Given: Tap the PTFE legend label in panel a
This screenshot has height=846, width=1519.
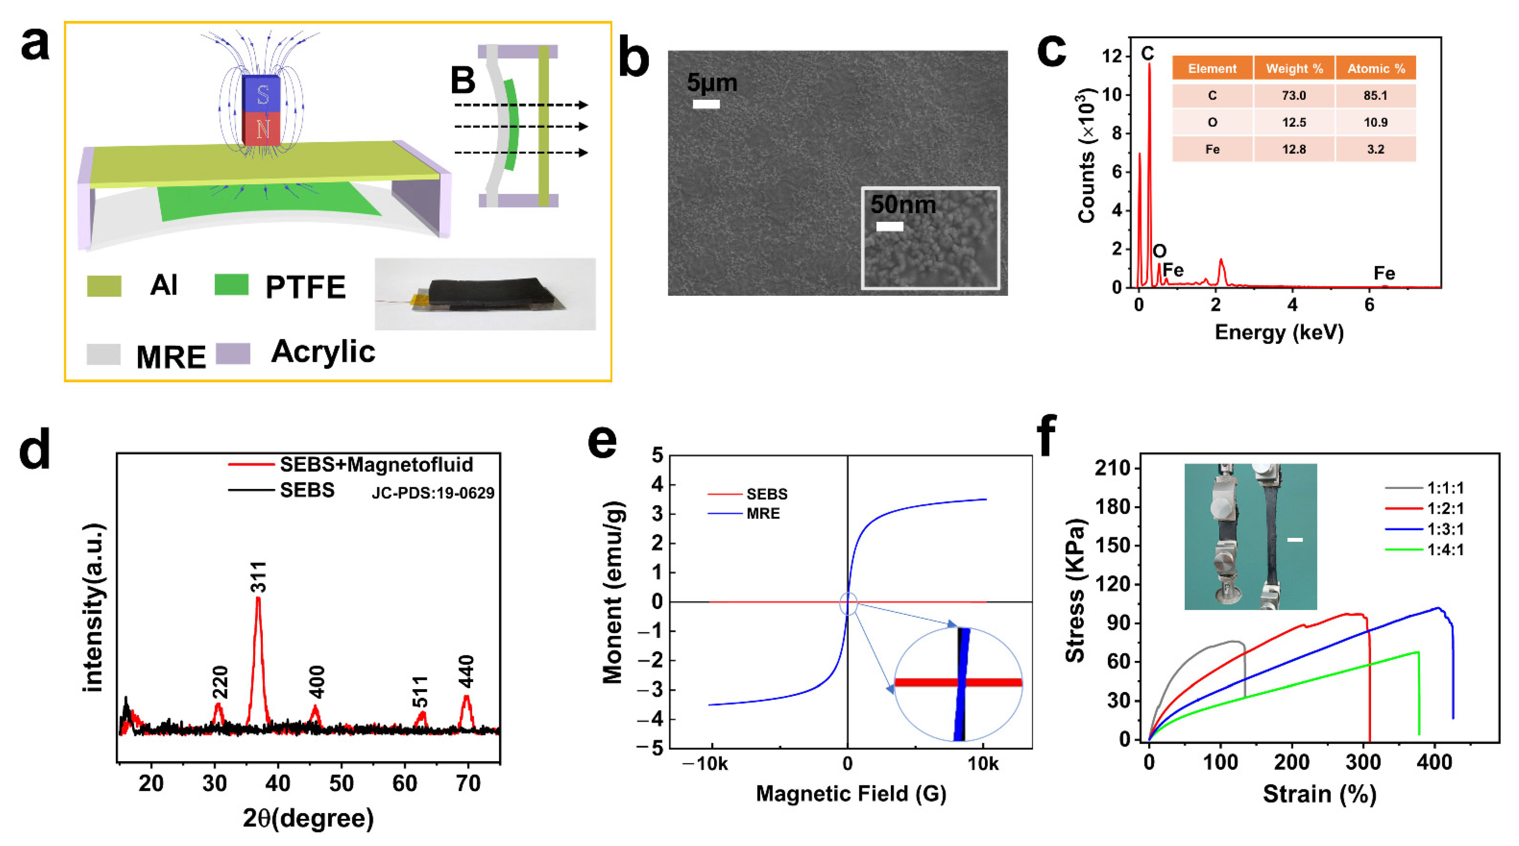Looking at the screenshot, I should [305, 287].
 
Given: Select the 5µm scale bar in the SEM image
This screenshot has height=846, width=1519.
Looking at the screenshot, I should [706, 104].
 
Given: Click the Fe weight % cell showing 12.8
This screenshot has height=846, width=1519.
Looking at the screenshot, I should [1294, 149].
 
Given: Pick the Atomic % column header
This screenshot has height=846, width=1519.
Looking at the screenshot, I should [1376, 68].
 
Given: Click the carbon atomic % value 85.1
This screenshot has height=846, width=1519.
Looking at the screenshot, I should [1375, 96].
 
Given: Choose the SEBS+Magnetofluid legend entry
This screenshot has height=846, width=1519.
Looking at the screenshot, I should [376, 465].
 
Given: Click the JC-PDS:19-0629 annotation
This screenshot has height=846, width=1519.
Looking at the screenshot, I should [433, 493].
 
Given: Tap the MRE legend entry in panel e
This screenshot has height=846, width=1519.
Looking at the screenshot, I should [762, 514].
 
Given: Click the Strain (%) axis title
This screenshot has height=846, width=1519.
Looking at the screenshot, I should [1319, 794].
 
